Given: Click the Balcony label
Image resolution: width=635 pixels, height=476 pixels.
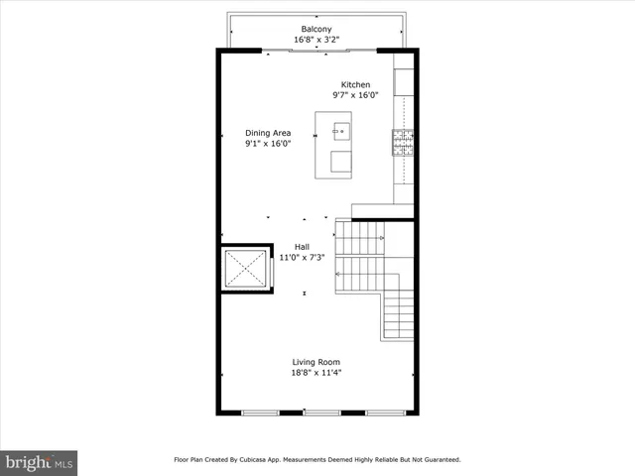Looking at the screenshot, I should click(x=317, y=28).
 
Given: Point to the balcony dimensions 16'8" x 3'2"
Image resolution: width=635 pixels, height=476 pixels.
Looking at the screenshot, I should click(x=317, y=40).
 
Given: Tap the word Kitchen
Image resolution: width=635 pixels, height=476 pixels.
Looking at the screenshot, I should click(x=355, y=84).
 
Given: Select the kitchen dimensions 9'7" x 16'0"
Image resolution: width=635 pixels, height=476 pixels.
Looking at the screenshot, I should click(x=355, y=96).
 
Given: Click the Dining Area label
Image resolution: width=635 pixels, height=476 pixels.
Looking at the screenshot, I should click(x=268, y=132).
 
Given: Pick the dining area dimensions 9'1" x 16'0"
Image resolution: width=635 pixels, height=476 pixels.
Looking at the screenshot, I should click(x=268, y=144).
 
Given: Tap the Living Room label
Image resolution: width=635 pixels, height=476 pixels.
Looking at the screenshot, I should click(x=317, y=361).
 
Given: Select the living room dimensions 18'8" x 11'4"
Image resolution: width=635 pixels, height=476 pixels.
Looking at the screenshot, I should click(x=317, y=373).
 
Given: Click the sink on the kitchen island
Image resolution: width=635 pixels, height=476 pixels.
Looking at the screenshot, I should click(x=340, y=129).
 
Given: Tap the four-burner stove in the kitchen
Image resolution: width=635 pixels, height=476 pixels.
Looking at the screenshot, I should click(x=403, y=144).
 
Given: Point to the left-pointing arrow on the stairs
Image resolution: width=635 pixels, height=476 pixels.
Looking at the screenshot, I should click(x=340, y=273).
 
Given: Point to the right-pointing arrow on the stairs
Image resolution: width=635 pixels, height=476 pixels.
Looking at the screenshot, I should click(x=380, y=239).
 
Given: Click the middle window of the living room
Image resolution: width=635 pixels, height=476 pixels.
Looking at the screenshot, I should click(x=320, y=412).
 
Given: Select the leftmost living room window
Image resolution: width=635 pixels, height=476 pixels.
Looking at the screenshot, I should click(x=260, y=412).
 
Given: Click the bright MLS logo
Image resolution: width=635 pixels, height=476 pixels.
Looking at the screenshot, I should click(x=40, y=462).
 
